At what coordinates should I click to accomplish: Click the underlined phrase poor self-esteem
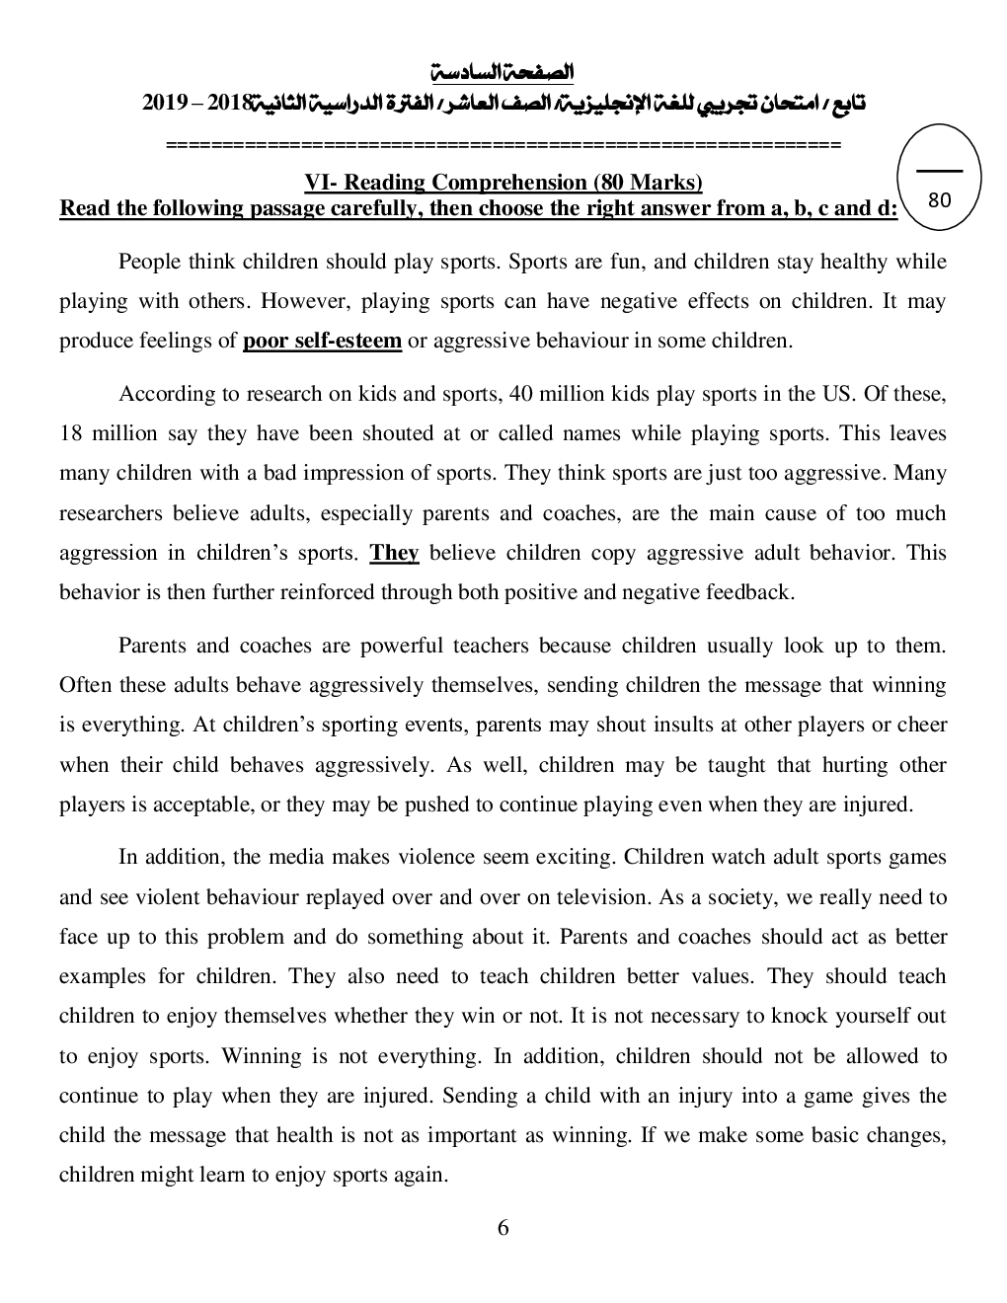pyautogui.click(x=322, y=342)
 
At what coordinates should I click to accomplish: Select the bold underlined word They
pyautogui.click(x=394, y=553)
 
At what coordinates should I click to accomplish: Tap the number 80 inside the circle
pyautogui.click(x=939, y=200)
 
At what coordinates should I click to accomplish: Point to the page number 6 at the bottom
pyautogui.click(x=503, y=1228)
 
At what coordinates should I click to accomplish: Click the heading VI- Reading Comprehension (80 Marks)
pyautogui.click(x=503, y=183)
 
